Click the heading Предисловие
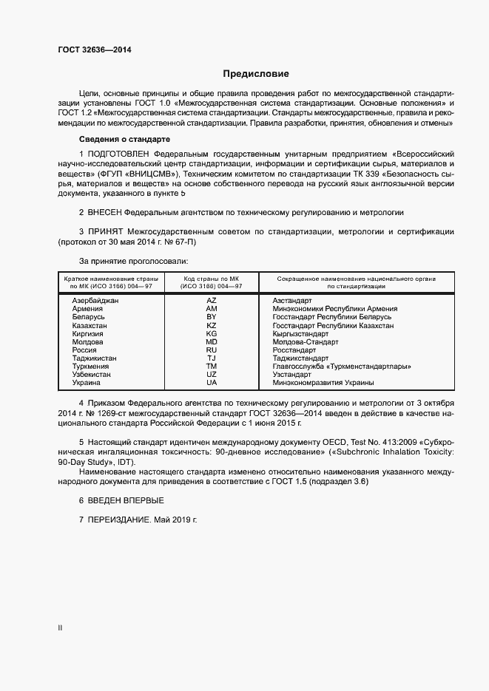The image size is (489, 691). (x=256, y=74)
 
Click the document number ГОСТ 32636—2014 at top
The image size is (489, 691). (x=95, y=50)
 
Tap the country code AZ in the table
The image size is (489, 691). (x=212, y=301)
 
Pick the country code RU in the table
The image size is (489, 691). (x=212, y=350)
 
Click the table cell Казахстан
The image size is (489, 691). (x=90, y=325)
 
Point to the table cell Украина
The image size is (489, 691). (x=87, y=382)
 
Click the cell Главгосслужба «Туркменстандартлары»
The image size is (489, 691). (x=342, y=366)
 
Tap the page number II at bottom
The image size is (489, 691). (x=60, y=628)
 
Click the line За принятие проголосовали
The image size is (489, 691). (x=133, y=261)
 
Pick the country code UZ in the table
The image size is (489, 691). (x=212, y=374)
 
